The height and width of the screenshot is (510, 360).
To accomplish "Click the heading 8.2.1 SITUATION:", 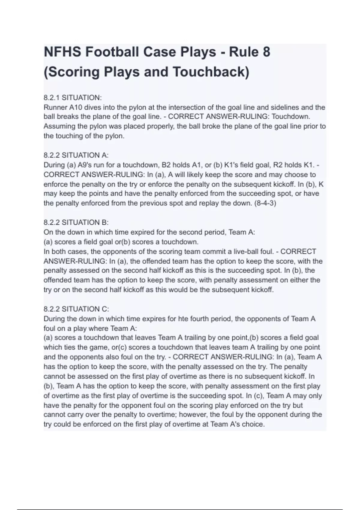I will point(73,98).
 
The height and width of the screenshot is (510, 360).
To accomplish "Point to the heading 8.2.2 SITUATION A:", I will point(76,155).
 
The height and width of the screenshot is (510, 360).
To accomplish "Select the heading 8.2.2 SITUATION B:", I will point(76,223).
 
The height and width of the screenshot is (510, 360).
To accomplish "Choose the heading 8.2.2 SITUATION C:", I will point(76,309).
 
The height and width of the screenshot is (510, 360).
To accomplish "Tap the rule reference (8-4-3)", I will point(265,203).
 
